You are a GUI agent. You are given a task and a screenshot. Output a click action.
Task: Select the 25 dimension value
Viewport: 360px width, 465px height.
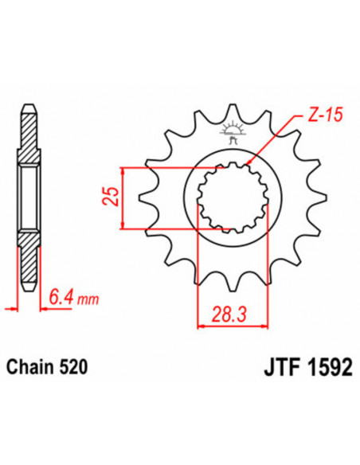[112, 197]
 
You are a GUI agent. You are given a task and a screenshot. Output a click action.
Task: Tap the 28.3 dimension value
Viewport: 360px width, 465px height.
[232, 313]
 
